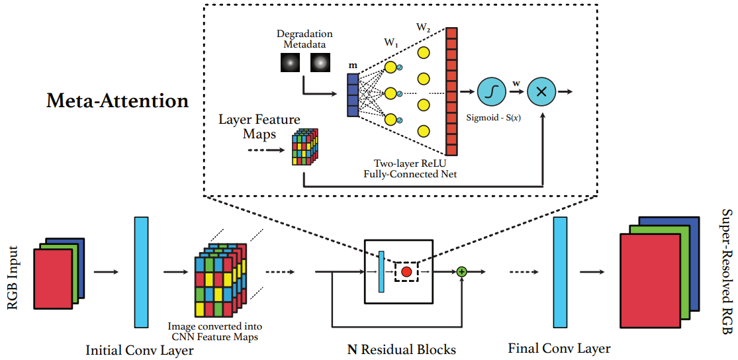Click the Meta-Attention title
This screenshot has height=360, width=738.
pyautogui.click(x=117, y=101)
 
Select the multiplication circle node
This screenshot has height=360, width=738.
pyautogui.click(x=541, y=93)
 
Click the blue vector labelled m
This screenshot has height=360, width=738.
pyautogui.click(x=353, y=95)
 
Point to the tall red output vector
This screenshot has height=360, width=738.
pyautogui.click(x=451, y=91)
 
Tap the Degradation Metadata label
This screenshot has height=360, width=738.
pyautogui.click(x=305, y=39)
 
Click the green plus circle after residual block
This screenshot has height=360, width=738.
pyautogui.click(x=461, y=271)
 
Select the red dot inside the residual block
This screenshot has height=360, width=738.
pyautogui.click(x=406, y=272)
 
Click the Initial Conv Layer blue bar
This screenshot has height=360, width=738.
pyautogui.click(x=142, y=271)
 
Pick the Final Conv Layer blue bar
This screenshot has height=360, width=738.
pyautogui.click(x=561, y=271)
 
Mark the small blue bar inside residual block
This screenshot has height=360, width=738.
pyautogui.click(x=381, y=271)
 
